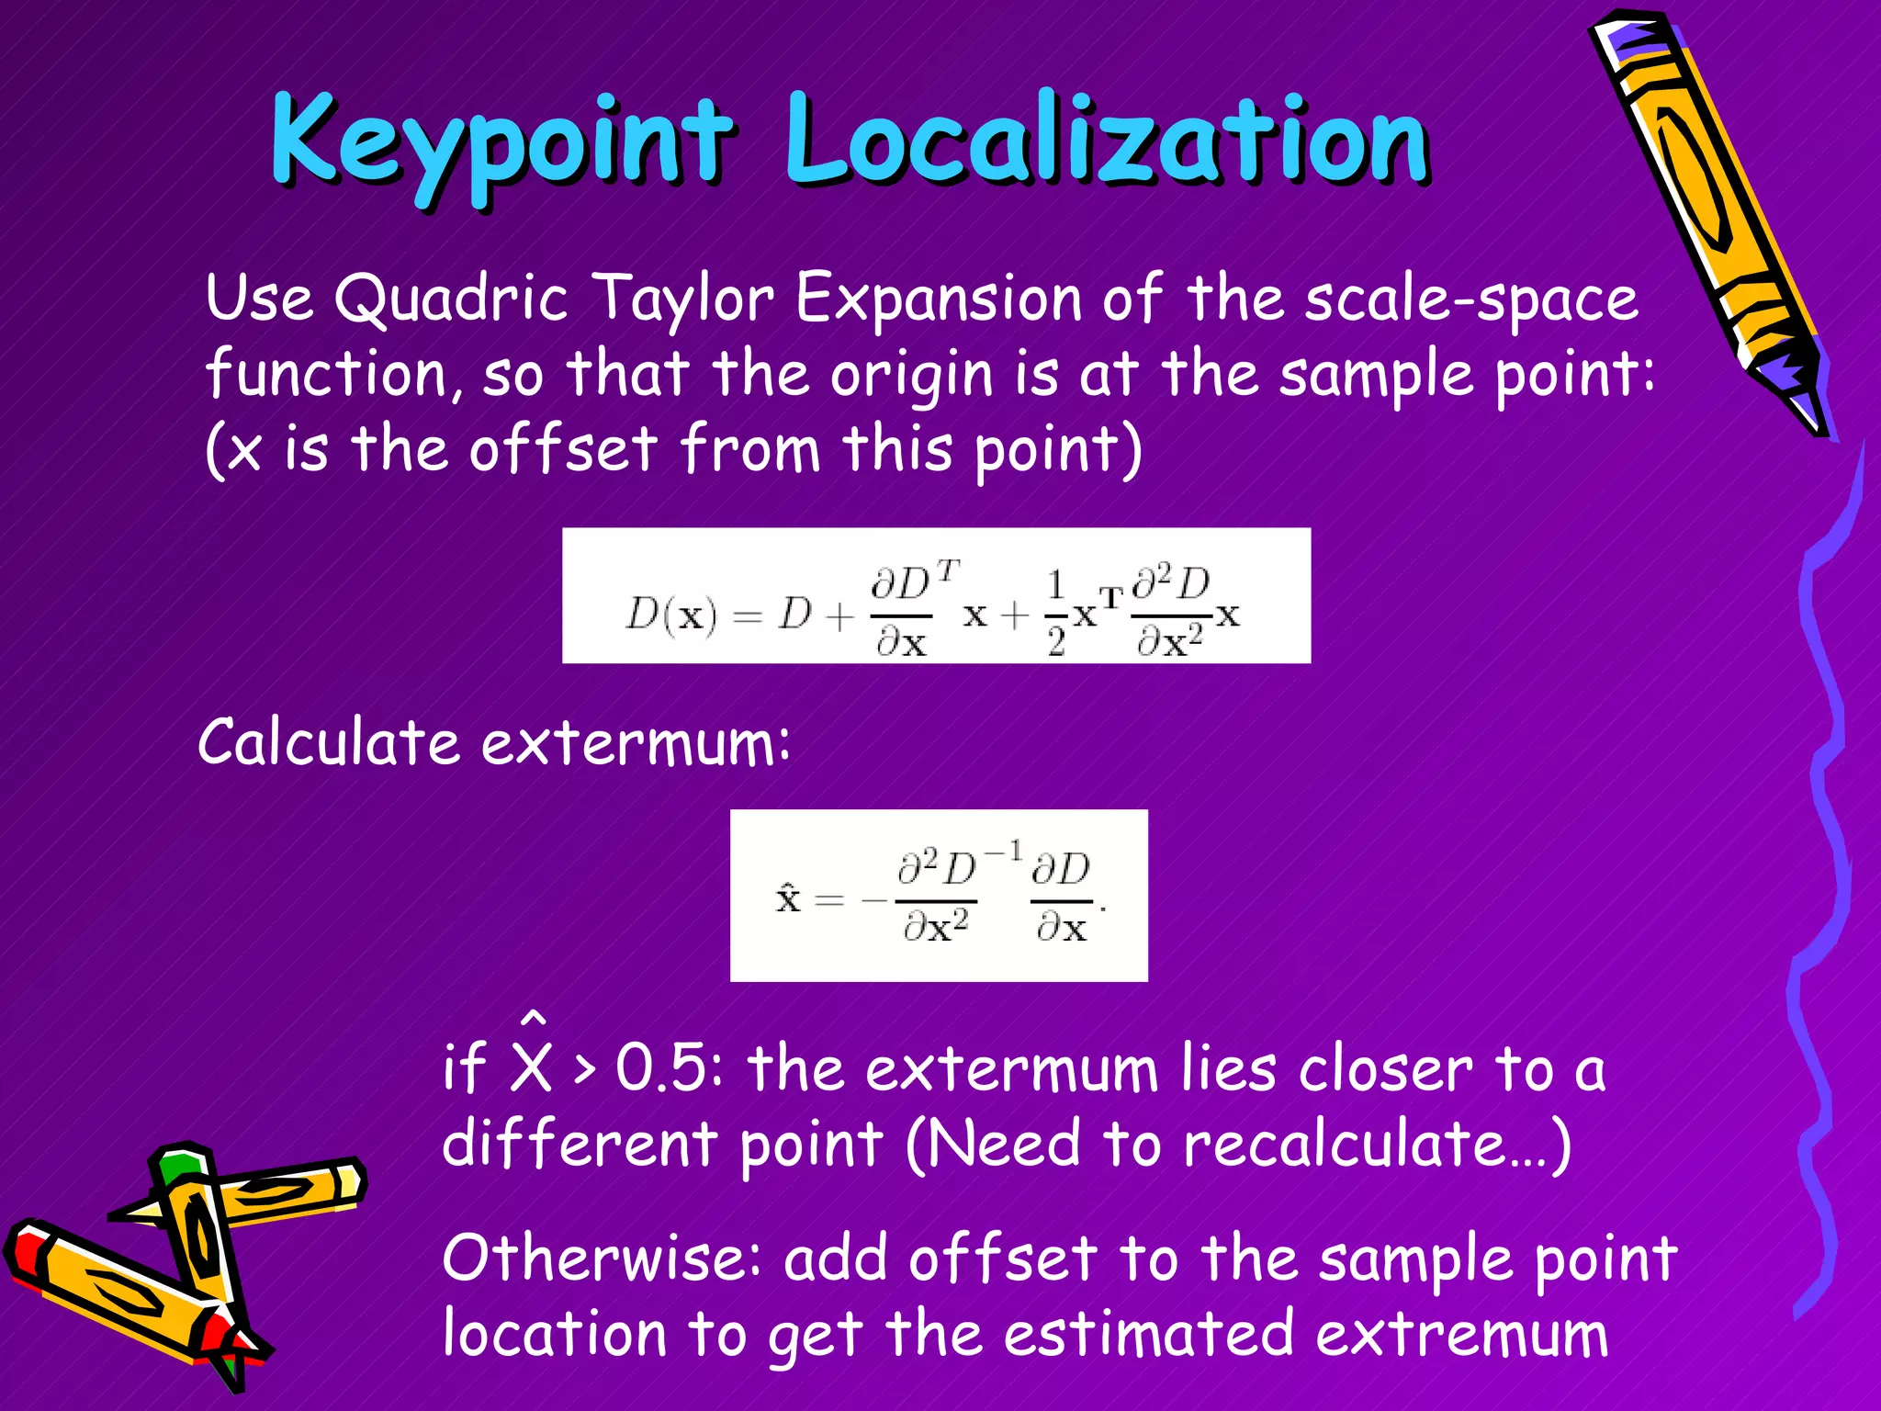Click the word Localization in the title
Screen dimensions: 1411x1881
pos(1107,142)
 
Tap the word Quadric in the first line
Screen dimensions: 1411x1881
pos(450,299)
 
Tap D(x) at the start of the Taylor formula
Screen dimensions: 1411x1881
pos(670,614)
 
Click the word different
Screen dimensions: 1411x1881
pos(580,1145)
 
